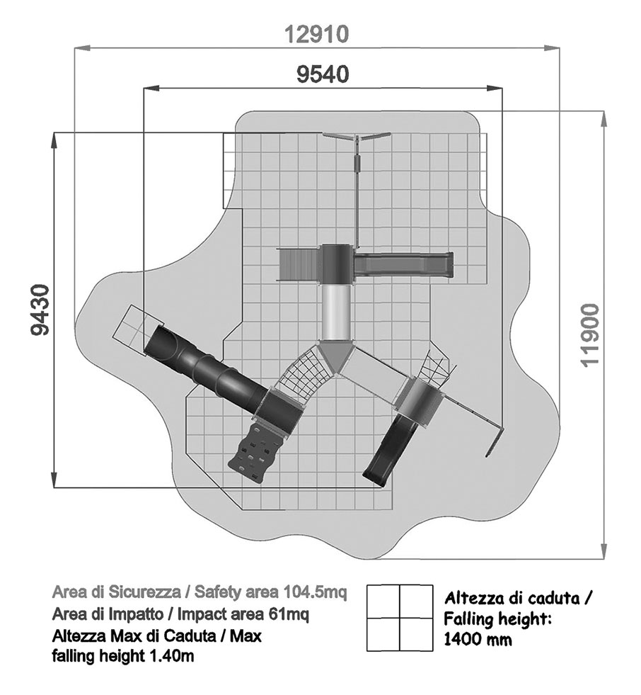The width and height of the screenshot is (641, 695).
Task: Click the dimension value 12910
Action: click(316, 34)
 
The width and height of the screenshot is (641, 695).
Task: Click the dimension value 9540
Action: click(323, 74)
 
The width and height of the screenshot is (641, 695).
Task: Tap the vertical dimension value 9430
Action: click(40, 310)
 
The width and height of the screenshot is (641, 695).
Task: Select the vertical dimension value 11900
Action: click(591, 334)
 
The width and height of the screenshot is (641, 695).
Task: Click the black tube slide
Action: click(205, 366)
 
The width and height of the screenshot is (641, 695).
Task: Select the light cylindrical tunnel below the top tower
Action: click(337, 312)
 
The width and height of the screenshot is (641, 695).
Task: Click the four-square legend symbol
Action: click(400, 618)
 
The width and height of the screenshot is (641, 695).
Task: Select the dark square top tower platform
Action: click(337, 264)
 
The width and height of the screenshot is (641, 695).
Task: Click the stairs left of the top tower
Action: click(299, 265)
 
